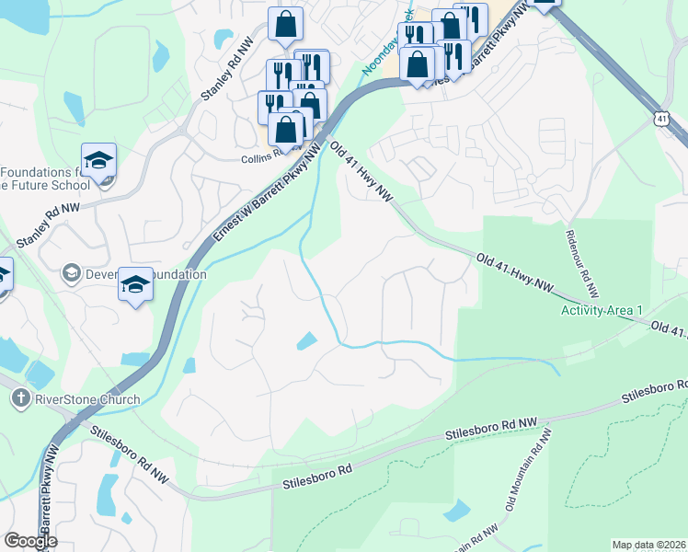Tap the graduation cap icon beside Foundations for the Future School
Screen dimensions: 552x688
[99, 160]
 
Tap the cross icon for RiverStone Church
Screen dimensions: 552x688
[21, 399]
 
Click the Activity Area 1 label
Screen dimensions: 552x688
[602, 310]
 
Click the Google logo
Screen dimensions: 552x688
[30, 541]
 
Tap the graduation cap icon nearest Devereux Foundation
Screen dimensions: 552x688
[135, 283]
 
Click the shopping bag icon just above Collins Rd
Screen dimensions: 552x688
[286, 130]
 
